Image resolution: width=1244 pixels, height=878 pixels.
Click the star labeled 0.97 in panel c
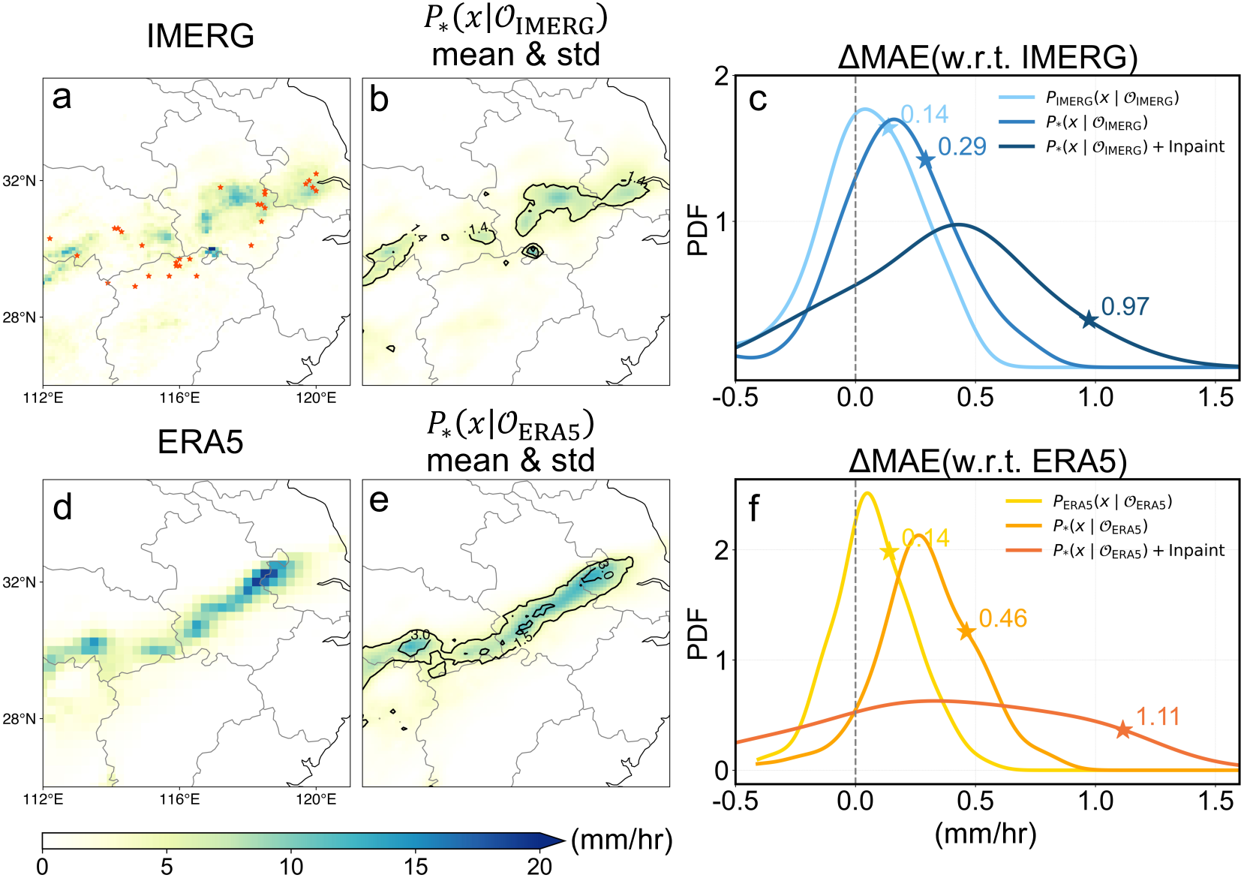[x=1089, y=320]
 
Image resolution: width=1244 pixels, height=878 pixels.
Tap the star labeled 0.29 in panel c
[x=926, y=160]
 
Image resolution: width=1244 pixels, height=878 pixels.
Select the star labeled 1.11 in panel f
[x=1122, y=729]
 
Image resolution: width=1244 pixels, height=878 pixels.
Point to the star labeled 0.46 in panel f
[x=966, y=632]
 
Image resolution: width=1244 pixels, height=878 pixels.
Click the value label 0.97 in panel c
[x=1125, y=306]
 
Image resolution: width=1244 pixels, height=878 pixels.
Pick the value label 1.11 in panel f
[x=1158, y=717]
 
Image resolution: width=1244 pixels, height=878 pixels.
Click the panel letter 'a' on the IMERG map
[x=62, y=98]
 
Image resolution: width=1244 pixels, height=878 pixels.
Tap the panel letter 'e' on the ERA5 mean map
[x=380, y=501]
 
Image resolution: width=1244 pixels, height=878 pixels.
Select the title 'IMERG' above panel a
[x=200, y=36]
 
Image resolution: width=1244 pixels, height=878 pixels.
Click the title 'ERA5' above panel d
[x=200, y=442]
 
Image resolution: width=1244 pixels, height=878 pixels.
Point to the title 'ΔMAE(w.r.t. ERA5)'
[x=987, y=461]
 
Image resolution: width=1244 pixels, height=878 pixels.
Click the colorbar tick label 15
[x=416, y=866]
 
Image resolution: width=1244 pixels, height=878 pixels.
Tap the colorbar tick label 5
[x=167, y=866]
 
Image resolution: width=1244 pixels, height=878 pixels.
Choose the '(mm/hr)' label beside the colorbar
[x=621, y=840]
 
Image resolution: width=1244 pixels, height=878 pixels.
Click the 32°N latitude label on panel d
[x=20, y=582]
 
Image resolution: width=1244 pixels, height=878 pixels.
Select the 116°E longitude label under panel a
[x=179, y=397]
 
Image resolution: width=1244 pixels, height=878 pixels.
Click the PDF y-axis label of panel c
[x=698, y=230]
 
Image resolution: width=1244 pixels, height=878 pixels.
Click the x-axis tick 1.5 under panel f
[x=1215, y=801]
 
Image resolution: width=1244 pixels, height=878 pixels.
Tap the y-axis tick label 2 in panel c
[x=722, y=77]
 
